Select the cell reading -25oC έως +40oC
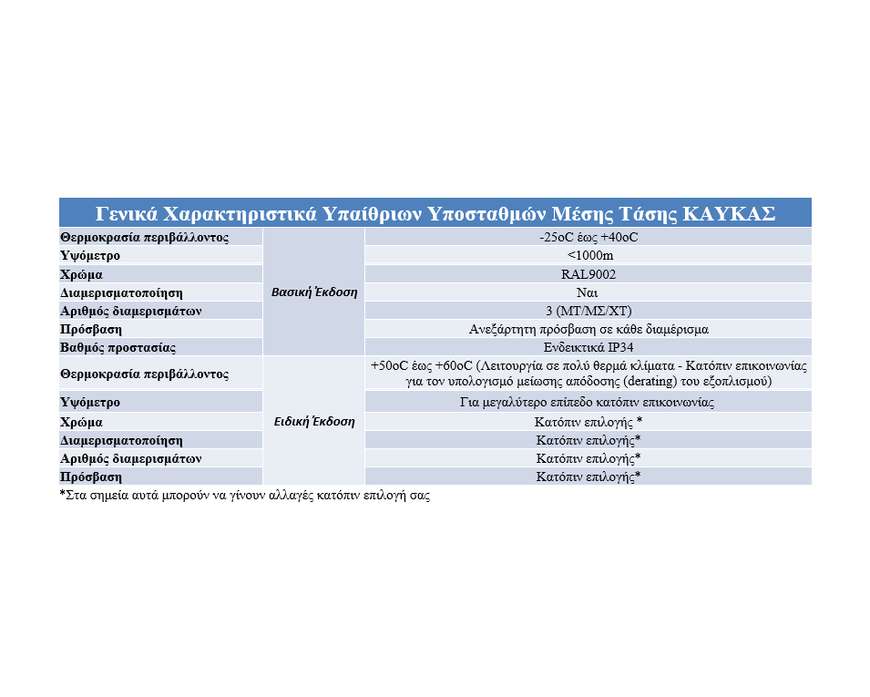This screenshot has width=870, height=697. point(588,237)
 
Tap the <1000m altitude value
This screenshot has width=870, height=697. point(588,255)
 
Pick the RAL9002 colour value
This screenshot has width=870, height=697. point(588,273)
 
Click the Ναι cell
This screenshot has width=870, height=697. point(588,292)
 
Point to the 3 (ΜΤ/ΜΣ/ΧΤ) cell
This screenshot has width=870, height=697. point(588,311)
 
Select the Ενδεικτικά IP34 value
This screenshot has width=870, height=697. point(588,347)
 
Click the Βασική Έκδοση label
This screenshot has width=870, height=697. point(314,292)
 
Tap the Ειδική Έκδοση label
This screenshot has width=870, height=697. point(314,422)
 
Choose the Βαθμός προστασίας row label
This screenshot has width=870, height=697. point(118,347)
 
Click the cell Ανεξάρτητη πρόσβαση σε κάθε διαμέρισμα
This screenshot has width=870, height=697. point(588,329)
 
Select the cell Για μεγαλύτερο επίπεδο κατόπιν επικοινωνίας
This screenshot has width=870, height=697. point(588,402)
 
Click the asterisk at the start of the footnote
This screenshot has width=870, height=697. point(63,496)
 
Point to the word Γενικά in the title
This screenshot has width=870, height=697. point(127,213)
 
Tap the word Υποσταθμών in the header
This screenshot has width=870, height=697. point(488,213)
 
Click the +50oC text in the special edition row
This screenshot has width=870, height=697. point(389,365)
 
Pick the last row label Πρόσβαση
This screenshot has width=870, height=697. point(90,477)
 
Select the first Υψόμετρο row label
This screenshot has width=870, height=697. point(90,255)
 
